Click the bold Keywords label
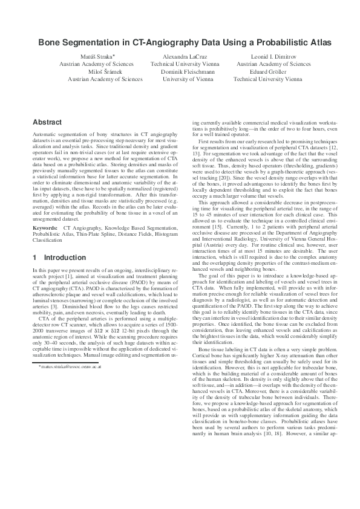(x=45, y=227)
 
